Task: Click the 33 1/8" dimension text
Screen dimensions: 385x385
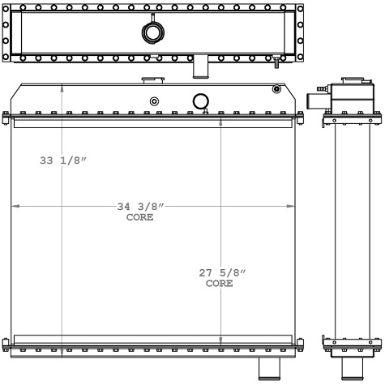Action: [x=63, y=160]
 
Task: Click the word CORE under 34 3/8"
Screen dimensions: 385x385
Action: [x=139, y=217]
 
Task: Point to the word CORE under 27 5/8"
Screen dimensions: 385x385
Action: [x=219, y=284]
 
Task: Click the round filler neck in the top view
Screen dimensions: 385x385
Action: [x=152, y=32]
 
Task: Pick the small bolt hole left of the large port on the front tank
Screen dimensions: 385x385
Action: [x=153, y=101]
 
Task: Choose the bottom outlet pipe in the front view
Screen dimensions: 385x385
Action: [x=268, y=369]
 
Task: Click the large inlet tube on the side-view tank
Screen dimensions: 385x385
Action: [x=314, y=101]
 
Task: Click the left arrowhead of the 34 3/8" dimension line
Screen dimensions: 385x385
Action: [x=14, y=207]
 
